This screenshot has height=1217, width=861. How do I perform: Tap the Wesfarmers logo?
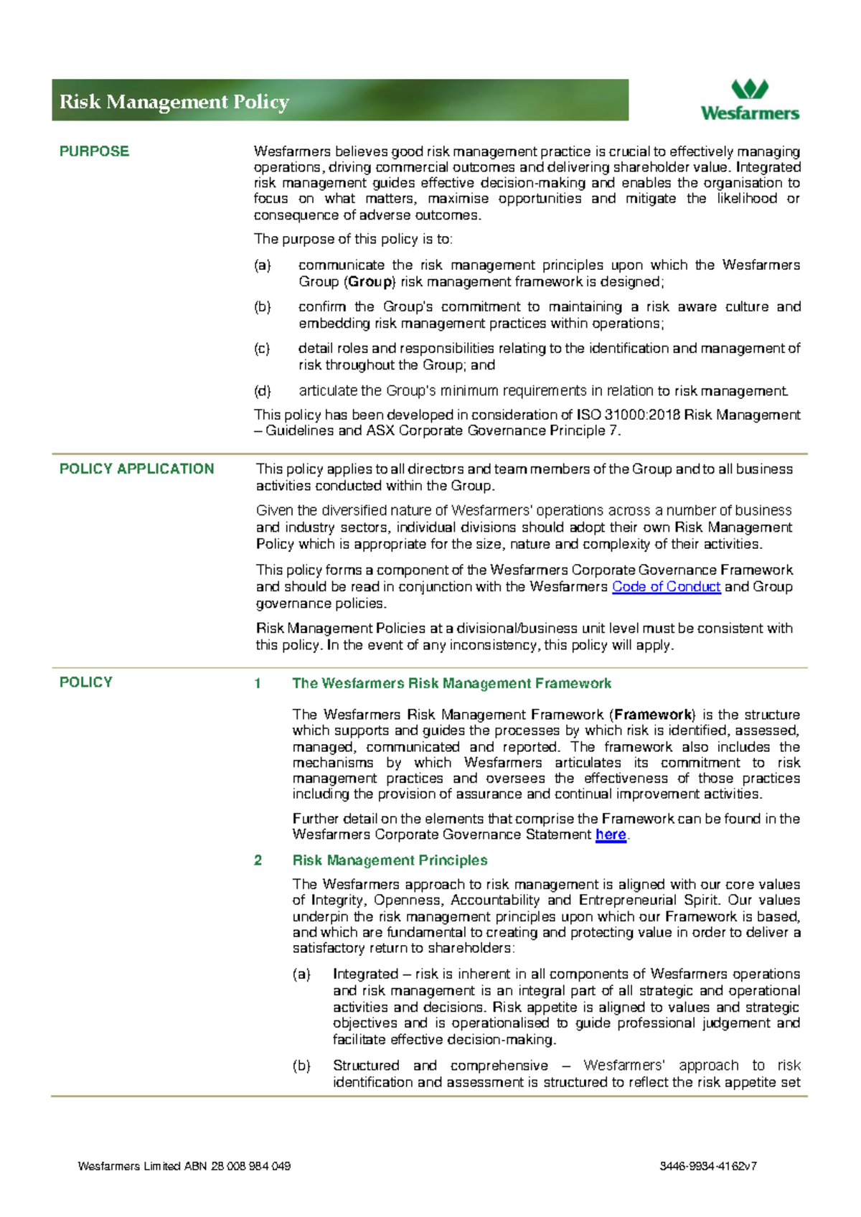(x=749, y=100)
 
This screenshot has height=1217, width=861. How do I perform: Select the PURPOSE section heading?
(x=94, y=151)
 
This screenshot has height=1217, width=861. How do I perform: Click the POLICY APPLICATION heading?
(x=136, y=469)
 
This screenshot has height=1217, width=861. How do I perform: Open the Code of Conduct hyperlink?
(x=666, y=587)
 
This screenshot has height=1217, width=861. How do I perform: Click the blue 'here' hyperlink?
(x=611, y=835)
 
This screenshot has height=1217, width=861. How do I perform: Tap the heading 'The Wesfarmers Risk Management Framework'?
(x=451, y=684)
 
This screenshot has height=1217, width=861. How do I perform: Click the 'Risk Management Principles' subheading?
(x=390, y=860)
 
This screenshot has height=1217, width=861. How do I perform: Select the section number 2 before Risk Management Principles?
(x=258, y=860)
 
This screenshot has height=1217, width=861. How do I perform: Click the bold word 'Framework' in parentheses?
(x=653, y=715)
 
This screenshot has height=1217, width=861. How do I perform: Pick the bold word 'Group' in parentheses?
(x=370, y=282)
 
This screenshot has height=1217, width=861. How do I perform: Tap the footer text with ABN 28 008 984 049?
(x=184, y=1166)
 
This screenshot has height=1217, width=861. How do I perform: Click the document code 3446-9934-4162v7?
(x=708, y=1166)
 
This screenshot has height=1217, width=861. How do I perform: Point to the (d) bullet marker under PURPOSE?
(x=263, y=391)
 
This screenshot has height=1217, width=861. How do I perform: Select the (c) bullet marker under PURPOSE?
(x=262, y=349)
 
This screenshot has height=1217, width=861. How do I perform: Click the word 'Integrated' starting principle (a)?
(x=365, y=974)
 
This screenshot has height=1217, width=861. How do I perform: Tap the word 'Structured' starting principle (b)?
(x=366, y=1066)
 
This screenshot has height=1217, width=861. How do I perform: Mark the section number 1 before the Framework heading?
(x=258, y=684)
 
